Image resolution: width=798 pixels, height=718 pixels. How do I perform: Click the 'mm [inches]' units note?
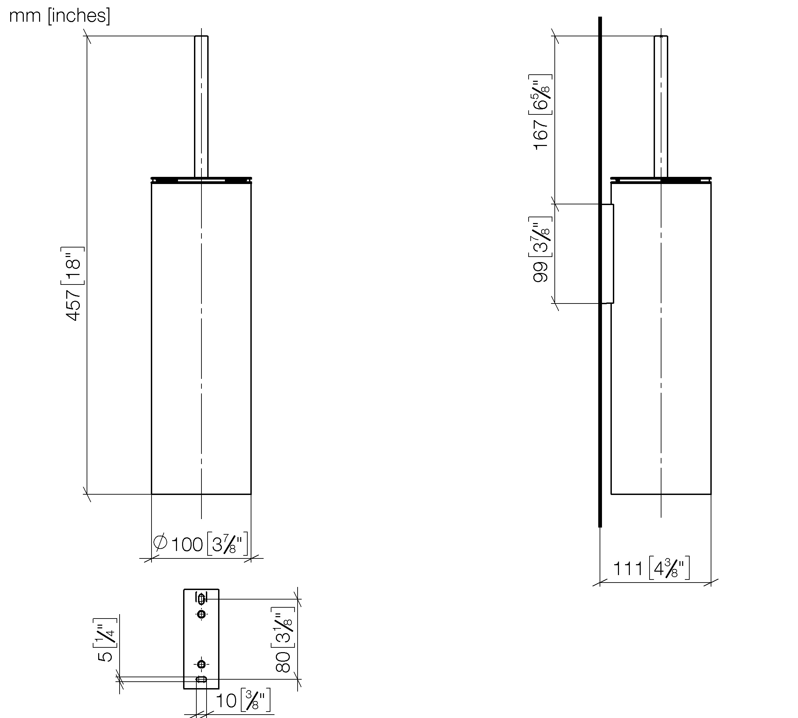point(60,16)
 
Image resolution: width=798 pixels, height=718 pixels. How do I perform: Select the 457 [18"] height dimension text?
point(73,284)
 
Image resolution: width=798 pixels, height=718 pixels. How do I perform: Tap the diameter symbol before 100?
point(160,542)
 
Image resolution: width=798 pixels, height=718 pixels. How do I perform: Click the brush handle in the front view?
point(201,107)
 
